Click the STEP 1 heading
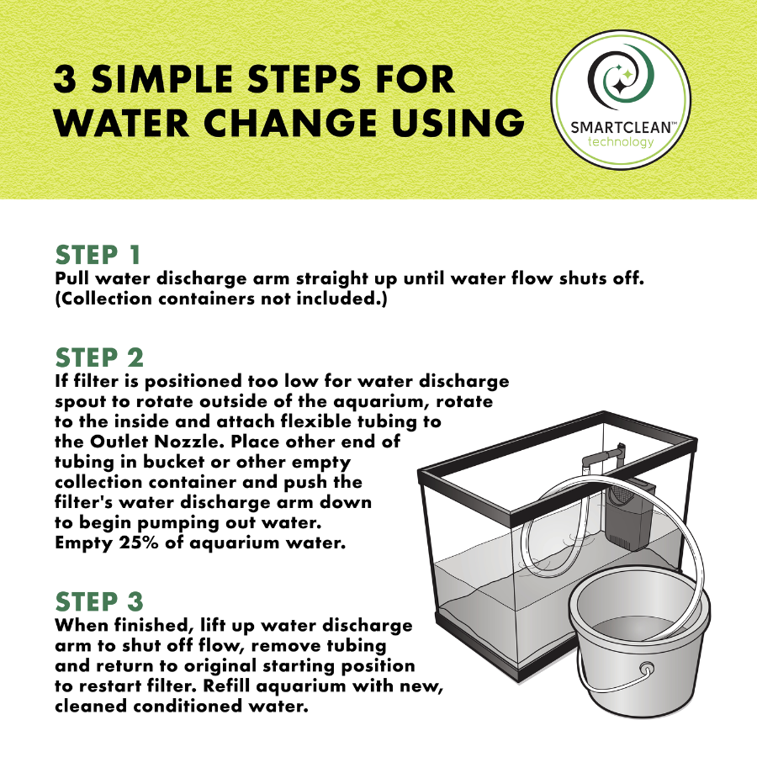tap(98, 255)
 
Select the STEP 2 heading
tap(99, 357)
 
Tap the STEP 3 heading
tap(99, 601)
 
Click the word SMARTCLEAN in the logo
tap(622, 128)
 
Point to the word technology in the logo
tap(621, 142)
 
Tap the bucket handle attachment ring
tap(646, 670)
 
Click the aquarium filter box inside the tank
tap(627, 516)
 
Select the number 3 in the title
tap(65, 80)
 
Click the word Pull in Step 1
tap(71, 278)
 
